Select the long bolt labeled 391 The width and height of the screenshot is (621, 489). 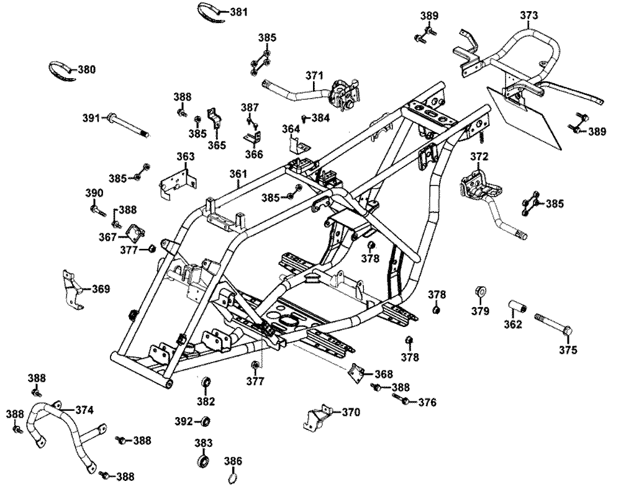[128, 126]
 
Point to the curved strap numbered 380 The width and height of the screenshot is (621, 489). [63, 71]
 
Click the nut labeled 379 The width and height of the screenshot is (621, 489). [481, 292]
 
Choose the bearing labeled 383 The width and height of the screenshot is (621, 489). [204, 462]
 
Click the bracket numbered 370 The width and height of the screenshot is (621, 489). [318, 418]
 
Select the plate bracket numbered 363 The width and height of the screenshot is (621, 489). [178, 184]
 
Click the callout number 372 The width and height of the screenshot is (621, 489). [479, 156]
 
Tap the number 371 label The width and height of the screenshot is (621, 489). [314, 75]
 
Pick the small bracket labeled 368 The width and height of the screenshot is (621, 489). [356, 373]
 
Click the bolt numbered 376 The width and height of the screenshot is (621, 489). [401, 399]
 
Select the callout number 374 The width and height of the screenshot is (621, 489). [84, 410]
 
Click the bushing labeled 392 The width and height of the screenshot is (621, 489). [204, 421]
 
